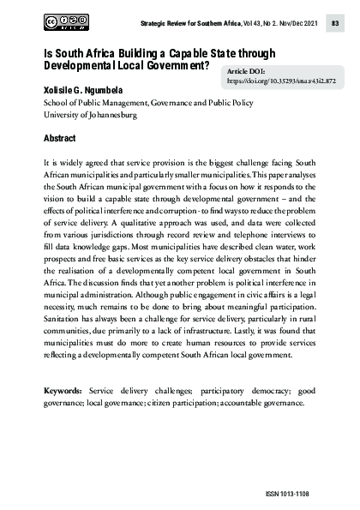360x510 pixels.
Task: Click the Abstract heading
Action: (x=60, y=138)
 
